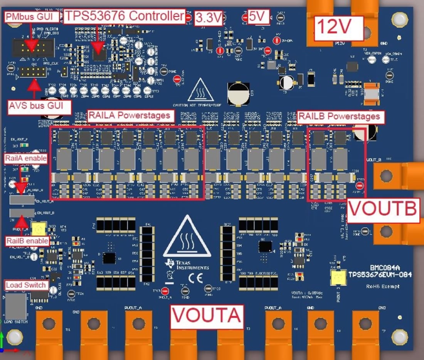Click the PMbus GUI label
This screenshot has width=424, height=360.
click(33, 17)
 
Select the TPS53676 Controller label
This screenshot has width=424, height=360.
click(124, 16)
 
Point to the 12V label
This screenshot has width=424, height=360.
click(339, 27)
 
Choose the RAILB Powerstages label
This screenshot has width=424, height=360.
click(341, 116)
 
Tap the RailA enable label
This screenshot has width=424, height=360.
click(26, 158)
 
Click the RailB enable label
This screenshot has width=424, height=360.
click(28, 241)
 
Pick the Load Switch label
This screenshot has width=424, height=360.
click(26, 285)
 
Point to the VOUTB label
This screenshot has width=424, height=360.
click(383, 209)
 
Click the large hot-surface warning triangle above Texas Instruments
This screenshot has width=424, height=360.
click(187, 237)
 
